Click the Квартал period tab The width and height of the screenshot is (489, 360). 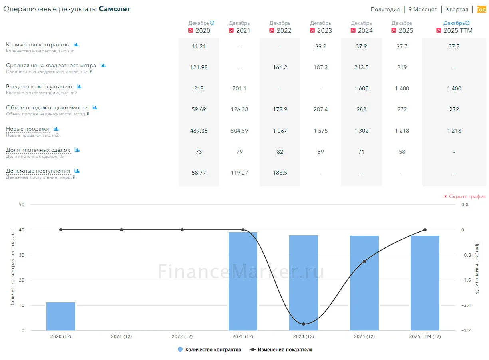click(457, 9)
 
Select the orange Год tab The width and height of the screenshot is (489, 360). click(481, 9)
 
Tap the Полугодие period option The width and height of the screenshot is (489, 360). click(385, 9)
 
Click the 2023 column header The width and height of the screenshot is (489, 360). click(324, 30)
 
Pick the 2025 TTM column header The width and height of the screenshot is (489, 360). click(458, 30)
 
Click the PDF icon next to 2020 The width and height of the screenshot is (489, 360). click(190, 30)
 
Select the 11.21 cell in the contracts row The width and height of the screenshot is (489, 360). click(199, 46)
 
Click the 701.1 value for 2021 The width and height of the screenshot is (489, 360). click(239, 88)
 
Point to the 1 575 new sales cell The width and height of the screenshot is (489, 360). click(320, 131)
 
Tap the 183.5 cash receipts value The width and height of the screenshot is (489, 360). click(280, 173)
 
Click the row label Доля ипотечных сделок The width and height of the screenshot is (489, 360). click(38, 150)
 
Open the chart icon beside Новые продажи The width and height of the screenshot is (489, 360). click(56, 129)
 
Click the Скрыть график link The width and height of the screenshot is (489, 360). click(465, 197)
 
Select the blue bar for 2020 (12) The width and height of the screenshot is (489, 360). click(61, 316)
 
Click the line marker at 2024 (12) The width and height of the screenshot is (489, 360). click(304, 324)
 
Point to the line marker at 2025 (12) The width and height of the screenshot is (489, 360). click(364, 261)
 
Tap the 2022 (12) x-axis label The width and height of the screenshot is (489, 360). click(182, 336)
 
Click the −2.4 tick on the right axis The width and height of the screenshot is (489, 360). click(466, 305)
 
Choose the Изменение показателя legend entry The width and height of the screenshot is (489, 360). click(281, 350)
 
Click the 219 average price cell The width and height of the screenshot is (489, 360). click(402, 67)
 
